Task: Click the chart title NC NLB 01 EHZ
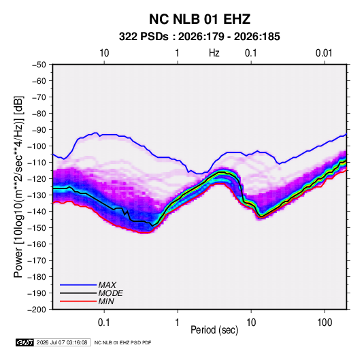click(x=199, y=19)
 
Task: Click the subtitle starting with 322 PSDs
click(x=199, y=37)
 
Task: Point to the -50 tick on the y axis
click(x=39, y=65)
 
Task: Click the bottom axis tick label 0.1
click(x=104, y=323)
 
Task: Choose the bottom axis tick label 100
click(x=325, y=323)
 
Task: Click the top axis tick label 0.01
click(x=324, y=53)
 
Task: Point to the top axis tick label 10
click(x=104, y=53)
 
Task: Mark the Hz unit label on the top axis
click(x=214, y=53)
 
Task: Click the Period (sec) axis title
click(x=214, y=330)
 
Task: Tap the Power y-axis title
click(x=18, y=187)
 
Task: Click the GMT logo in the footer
click(x=25, y=342)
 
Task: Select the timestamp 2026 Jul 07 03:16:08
click(x=62, y=342)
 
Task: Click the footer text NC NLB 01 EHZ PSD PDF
click(x=122, y=342)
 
